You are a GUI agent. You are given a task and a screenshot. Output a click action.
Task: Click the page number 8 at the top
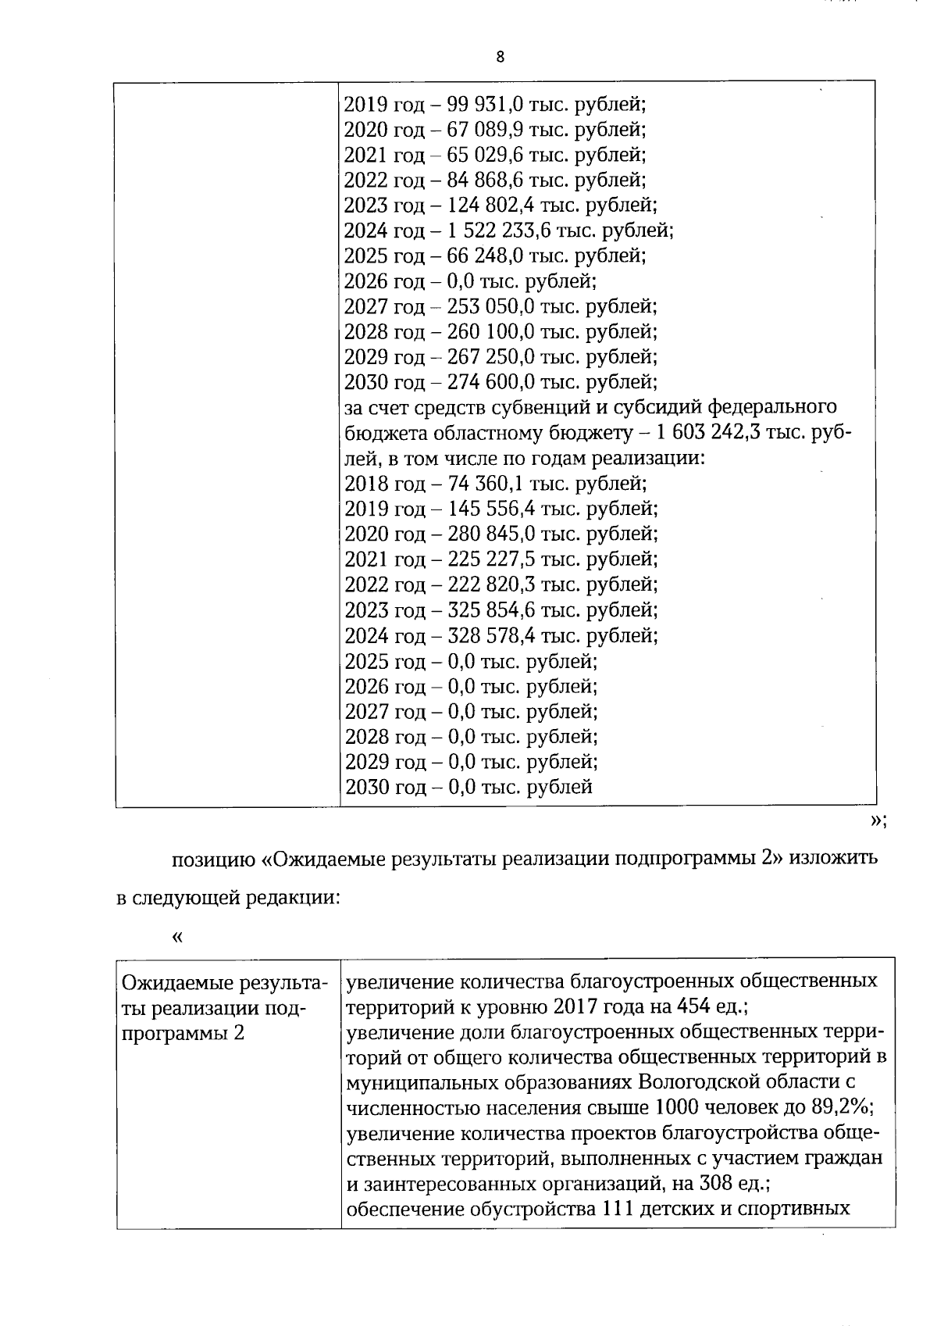pos(500,56)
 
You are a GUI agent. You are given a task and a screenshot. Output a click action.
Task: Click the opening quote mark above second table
pos(177,936)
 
